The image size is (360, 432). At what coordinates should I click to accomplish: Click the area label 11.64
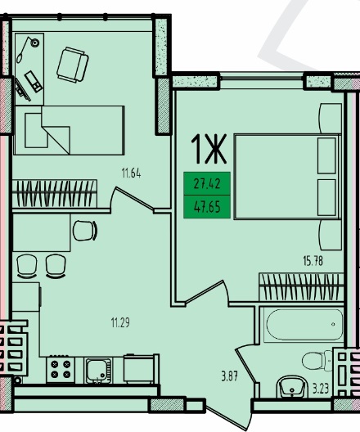132,173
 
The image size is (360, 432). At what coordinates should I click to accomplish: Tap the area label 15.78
313,261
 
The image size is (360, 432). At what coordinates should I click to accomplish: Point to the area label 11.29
120,322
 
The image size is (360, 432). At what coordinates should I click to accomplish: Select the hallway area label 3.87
229,376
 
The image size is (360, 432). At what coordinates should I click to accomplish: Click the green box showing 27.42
207,183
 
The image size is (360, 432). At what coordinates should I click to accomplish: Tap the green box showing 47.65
207,207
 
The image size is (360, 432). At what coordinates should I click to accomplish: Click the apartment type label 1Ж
209,149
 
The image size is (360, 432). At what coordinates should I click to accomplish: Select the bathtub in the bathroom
304,325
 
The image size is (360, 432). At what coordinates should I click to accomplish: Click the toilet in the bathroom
317,361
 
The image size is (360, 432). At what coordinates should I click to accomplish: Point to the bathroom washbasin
292,386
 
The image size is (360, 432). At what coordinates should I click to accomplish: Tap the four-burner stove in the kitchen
61,369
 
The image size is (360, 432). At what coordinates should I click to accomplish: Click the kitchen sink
98,371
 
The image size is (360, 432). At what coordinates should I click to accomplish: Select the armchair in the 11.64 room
73,65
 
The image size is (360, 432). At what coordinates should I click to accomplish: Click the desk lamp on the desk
28,49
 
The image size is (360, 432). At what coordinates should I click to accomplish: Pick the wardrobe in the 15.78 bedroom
301,287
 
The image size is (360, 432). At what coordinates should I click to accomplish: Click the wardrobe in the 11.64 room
55,194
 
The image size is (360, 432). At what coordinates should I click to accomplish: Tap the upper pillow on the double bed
326,155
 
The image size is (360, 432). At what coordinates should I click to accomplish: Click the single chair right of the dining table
85,231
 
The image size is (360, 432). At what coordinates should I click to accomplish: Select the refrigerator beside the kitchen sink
141,368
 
